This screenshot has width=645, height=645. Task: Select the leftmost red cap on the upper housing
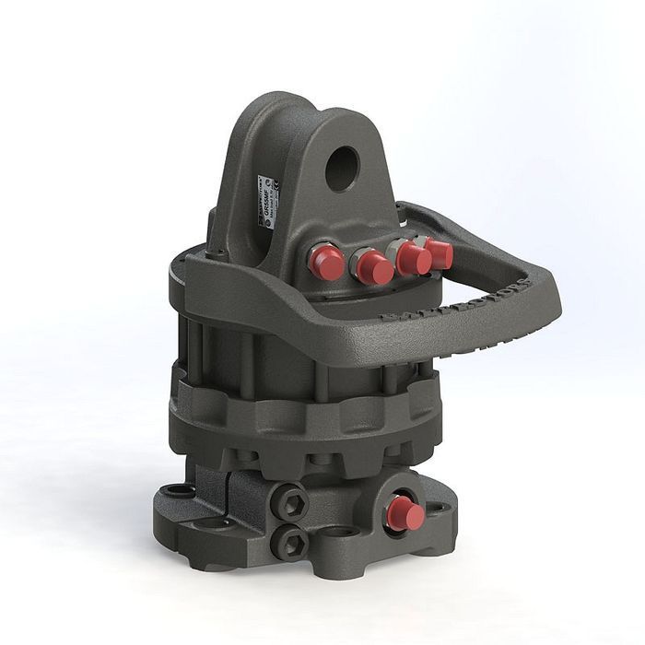tap(326, 262)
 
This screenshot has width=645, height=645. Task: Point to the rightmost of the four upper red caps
tap(440, 252)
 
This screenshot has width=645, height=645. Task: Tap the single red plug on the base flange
tap(405, 513)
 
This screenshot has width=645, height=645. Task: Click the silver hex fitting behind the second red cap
tap(358, 262)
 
